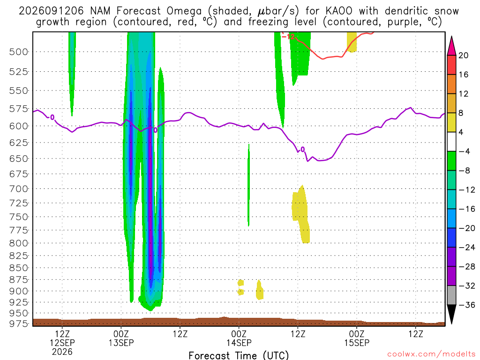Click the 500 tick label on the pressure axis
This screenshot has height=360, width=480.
(19, 52)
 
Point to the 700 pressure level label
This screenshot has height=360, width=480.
(19, 189)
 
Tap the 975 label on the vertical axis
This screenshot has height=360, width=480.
(19, 323)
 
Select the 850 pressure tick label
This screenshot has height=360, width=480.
(19, 268)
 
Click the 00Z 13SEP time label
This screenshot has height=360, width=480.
(121, 338)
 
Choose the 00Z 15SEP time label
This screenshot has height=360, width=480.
(357, 338)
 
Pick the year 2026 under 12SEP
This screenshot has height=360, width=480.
(62, 352)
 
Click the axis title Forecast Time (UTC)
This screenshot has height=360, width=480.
(239, 355)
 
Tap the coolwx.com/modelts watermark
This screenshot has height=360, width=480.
(431, 354)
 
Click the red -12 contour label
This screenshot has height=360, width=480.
(288, 37)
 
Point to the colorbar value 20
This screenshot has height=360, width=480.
(463, 55)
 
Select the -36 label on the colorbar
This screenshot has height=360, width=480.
(467, 305)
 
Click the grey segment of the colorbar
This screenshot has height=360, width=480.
(451, 295)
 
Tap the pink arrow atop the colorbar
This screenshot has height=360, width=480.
(451, 45)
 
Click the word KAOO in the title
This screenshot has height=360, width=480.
(339, 11)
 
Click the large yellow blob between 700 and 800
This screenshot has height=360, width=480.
(300, 214)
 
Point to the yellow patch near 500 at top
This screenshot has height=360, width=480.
(352, 42)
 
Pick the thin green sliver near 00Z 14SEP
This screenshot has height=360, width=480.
(248, 185)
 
